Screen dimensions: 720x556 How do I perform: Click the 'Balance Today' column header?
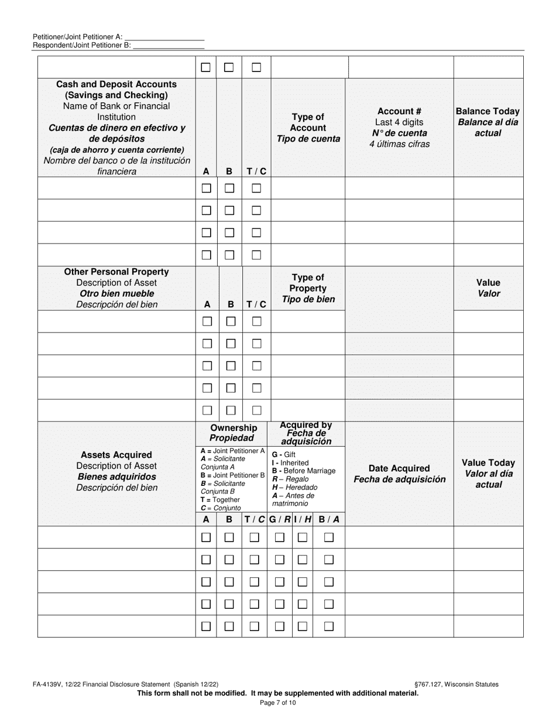pyautogui.click(x=488, y=122)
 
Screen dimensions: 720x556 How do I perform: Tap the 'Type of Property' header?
pyautogui.click(x=308, y=288)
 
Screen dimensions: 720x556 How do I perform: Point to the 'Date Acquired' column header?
pyautogui.click(x=399, y=474)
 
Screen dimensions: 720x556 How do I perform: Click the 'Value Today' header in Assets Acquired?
pyautogui.click(x=488, y=474)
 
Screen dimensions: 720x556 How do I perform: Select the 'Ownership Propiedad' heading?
pyautogui.click(x=233, y=433)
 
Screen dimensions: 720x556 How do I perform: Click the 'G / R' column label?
pyautogui.click(x=280, y=519)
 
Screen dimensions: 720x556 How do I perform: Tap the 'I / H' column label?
pyautogui.click(x=303, y=519)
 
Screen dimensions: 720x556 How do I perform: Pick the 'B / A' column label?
pyautogui.click(x=329, y=519)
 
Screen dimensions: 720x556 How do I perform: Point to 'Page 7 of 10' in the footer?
pyautogui.click(x=278, y=702)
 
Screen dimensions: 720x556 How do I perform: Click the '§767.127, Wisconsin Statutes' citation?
pyautogui.click(x=456, y=684)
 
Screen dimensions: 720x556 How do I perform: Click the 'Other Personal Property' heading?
pyautogui.click(x=116, y=272)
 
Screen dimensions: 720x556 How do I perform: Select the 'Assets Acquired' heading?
pyautogui.click(x=116, y=455)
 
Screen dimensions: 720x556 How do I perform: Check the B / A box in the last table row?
pyautogui.click(x=329, y=626)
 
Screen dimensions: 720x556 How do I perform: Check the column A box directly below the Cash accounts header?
pyautogui.click(x=206, y=188)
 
